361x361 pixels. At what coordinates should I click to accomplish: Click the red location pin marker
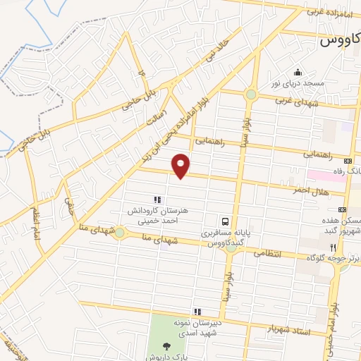(182, 166)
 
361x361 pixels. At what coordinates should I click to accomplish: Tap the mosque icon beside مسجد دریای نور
(298, 73)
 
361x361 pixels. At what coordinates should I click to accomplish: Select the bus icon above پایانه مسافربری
(224, 219)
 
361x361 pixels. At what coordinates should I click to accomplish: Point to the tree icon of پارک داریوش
(166, 345)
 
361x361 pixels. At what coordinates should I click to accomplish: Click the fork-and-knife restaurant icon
(333, 247)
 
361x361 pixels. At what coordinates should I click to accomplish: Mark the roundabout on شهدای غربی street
(251, 94)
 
